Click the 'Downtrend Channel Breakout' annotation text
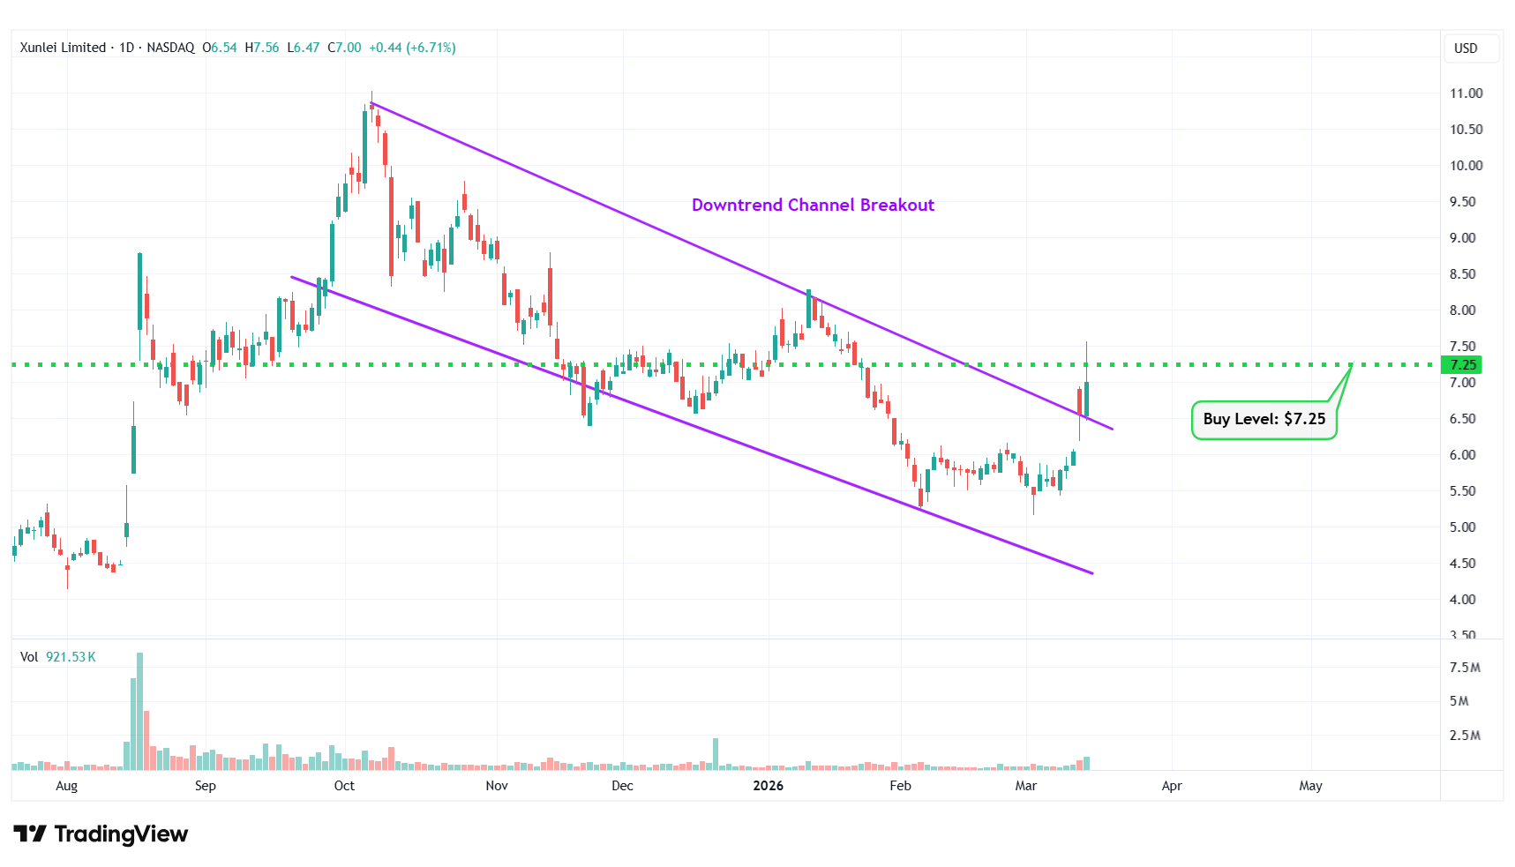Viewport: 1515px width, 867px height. tap(813, 205)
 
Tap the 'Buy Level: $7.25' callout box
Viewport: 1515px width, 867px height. tap(1264, 419)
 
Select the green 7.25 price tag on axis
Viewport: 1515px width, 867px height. tap(1462, 365)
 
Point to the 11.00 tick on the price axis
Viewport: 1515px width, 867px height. tap(1466, 93)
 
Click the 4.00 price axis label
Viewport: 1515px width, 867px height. tap(1462, 600)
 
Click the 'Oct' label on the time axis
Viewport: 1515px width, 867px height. tap(344, 786)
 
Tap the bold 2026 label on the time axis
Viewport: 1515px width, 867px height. tap(768, 786)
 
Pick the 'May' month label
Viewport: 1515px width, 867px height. tap(1310, 786)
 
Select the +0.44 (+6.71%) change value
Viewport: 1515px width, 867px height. tap(412, 48)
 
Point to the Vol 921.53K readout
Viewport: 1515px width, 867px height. tap(58, 657)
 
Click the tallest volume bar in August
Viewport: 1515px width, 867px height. tap(139, 710)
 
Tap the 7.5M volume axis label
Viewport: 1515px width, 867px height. tap(1465, 668)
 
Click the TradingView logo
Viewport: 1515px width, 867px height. tap(101, 833)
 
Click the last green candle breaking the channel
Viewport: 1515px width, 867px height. tap(1086, 399)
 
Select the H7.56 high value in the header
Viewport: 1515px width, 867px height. tap(262, 48)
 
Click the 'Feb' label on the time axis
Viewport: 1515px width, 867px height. tap(900, 786)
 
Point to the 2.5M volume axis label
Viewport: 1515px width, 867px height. tap(1465, 736)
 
